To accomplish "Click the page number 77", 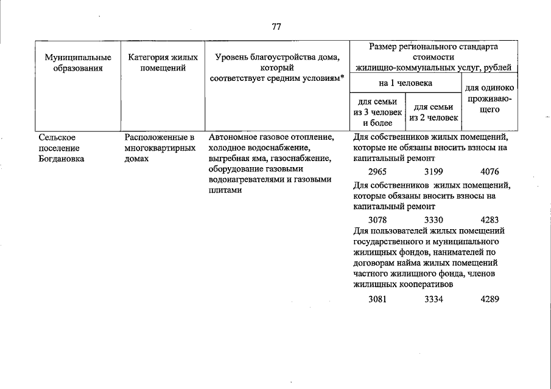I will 276,26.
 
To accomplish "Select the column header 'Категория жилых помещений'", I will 163,63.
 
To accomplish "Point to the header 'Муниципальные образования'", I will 78,63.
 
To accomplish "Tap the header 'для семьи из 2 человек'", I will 433,112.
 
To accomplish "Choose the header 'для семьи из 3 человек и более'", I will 377,112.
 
